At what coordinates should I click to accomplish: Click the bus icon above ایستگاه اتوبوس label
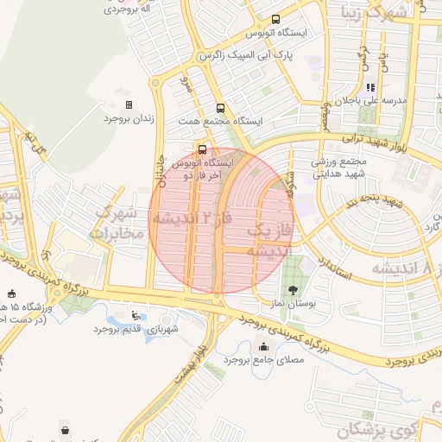point(275,20)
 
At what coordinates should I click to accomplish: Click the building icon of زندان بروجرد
point(129,104)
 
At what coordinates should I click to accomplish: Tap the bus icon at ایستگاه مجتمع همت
point(220,109)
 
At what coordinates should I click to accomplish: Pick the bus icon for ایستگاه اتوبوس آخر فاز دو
point(202,148)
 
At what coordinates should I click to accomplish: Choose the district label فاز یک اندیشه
point(260,240)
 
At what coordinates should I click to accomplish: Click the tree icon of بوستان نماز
point(293,290)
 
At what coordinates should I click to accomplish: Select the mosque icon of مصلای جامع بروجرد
point(263,347)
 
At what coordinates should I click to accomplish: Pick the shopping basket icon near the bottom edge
point(66,429)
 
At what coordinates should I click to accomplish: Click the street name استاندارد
point(332,270)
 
